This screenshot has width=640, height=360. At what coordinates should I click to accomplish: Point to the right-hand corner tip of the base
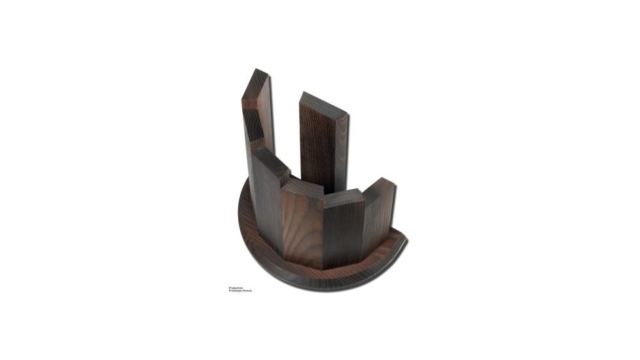point(405,240)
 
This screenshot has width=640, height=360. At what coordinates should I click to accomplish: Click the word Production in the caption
point(236,287)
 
